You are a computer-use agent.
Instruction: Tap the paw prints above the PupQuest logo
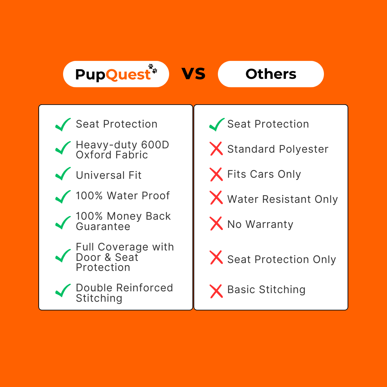click(x=153, y=68)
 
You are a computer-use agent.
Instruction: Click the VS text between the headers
click(x=193, y=74)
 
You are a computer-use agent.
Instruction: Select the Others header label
click(x=271, y=74)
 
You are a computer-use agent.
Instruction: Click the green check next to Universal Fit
click(x=63, y=174)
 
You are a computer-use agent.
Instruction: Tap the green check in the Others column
click(x=217, y=124)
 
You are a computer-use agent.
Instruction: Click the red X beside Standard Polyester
click(x=216, y=149)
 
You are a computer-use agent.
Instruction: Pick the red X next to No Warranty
click(x=216, y=224)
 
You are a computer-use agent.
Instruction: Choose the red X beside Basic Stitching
click(x=216, y=291)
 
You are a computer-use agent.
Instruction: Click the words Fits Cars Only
click(x=264, y=174)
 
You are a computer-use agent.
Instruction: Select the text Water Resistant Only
click(x=282, y=199)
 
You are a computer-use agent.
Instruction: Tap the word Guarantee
click(x=103, y=226)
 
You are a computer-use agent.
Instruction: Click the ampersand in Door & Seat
click(x=108, y=257)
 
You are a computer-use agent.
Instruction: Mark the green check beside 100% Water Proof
click(x=63, y=197)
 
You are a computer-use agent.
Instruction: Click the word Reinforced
click(x=145, y=288)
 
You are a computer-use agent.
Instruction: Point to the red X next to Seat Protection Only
click(x=216, y=257)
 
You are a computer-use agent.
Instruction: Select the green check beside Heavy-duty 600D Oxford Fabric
click(x=63, y=148)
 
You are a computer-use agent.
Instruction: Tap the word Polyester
click(x=304, y=149)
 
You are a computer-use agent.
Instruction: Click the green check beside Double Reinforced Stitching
click(x=63, y=291)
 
